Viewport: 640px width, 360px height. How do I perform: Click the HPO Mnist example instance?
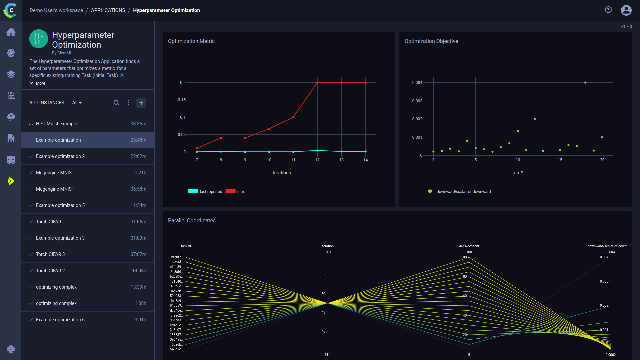pos(57,124)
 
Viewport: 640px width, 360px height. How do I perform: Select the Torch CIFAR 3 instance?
pos(50,254)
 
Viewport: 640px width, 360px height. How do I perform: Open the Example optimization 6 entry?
pos(60,320)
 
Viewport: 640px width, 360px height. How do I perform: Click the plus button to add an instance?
pos(141,103)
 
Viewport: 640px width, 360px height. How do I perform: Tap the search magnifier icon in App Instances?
pos(116,103)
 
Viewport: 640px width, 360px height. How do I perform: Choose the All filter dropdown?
pos(77,103)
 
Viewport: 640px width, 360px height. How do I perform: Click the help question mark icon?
pos(608,10)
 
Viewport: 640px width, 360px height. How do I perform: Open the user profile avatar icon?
pos(626,10)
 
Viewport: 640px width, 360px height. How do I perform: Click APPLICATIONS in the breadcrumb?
pos(108,10)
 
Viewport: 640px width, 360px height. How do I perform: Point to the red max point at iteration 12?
pos(317,83)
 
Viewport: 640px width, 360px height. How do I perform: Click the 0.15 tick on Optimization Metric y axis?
pos(182,100)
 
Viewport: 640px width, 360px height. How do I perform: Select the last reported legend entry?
pos(211,192)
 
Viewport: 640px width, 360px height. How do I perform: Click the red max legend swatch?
pos(230,191)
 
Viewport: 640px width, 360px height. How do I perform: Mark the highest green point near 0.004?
pos(585,83)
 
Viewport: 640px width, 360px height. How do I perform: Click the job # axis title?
pos(518,173)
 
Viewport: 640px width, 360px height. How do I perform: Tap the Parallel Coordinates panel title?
pos(192,221)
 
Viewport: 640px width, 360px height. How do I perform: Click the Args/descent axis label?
pos(469,246)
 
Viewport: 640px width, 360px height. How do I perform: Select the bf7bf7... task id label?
pos(177,257)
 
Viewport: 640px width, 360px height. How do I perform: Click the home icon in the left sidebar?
pos(11,32)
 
